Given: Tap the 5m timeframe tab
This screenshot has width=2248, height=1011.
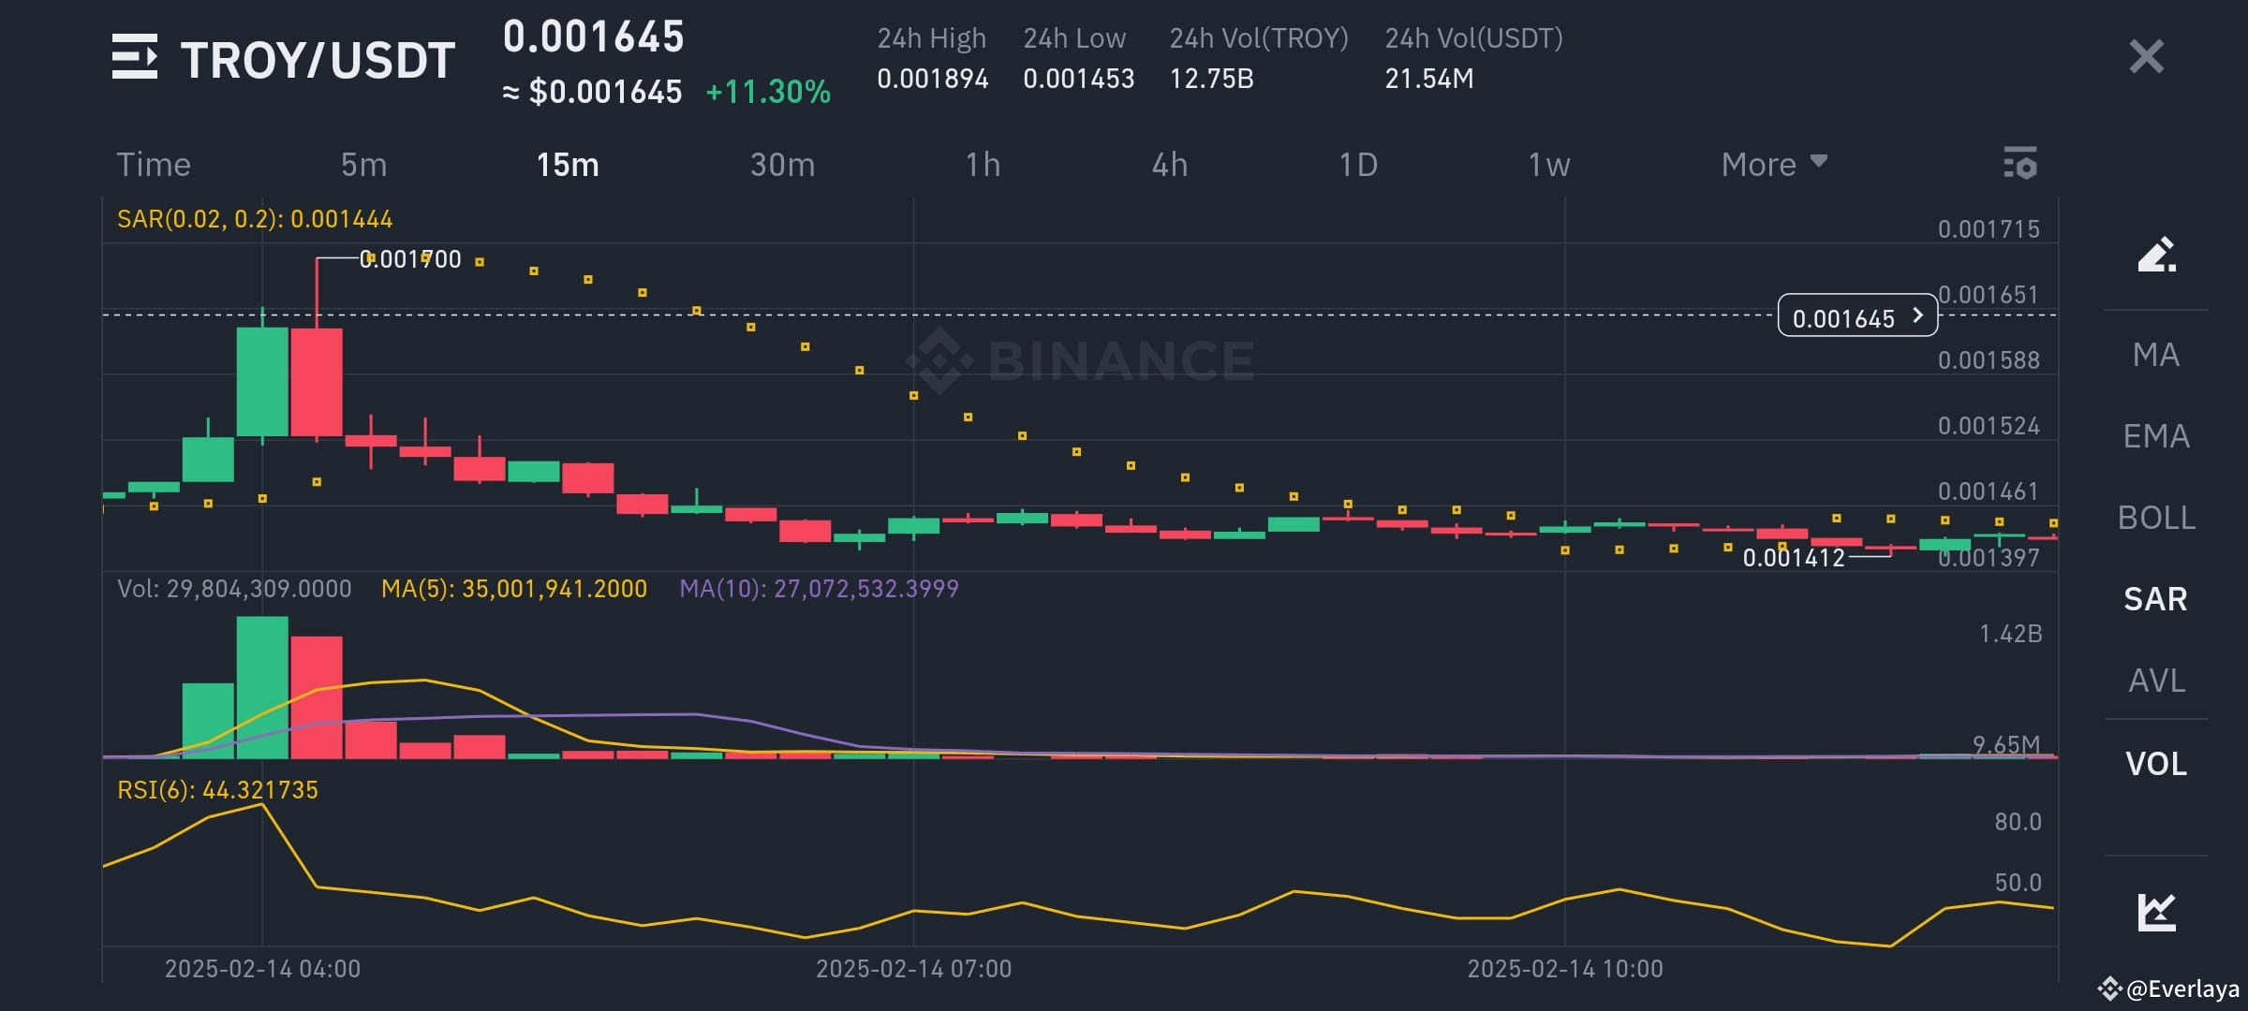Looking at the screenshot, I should click(x=363, y=165).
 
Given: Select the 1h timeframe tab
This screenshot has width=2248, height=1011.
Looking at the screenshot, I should click(x=983, y=165).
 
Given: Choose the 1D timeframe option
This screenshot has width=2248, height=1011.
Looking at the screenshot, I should click(x=1357, y=165).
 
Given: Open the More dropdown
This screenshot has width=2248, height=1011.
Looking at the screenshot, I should click(x=1773, y=165).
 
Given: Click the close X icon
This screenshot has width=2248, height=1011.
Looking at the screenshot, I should click(x=2146, y=57).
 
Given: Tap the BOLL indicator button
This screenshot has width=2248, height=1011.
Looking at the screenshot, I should click(x=2156, y=518).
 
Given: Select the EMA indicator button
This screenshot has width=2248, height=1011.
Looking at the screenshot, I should click(x=2156, y=436).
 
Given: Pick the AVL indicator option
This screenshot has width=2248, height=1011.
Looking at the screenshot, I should click(x=2156, y=681).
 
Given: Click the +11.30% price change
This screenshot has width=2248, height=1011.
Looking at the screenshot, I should click(x=768, y=92).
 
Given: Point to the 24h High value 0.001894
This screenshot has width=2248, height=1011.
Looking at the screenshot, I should click(x=932, y=79).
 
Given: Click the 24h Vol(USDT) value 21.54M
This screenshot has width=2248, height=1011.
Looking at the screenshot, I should click(x=1428, y=79).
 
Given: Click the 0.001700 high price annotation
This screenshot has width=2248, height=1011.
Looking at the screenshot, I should click(x=410, y=259).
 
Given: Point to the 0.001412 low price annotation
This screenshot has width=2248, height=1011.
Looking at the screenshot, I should click(x=1793, y=558).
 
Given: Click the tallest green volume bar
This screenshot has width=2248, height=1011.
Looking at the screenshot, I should click(x=262, y=687).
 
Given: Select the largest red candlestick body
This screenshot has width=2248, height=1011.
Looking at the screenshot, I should click(x=317, y=382).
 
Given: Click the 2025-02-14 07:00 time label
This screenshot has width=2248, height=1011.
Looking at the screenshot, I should click(x=913, y=969).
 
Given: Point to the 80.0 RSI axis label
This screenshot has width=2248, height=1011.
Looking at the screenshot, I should click(x=2018, y=822).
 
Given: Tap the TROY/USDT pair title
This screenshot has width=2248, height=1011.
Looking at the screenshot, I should click(x=318, y=60).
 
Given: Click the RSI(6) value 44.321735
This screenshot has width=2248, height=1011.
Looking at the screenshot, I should click(x=259, y=790).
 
